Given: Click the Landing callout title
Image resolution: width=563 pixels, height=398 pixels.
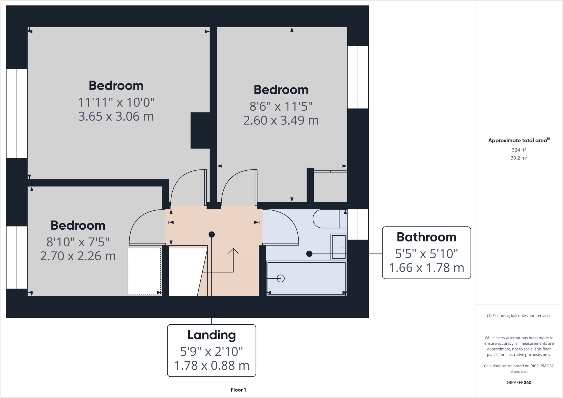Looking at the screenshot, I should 211,335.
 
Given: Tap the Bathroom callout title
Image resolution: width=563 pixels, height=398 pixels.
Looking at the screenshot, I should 426,237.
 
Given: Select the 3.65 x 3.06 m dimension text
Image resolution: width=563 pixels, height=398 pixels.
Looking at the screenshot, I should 116,116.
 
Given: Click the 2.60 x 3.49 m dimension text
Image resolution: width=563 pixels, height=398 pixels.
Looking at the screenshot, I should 281,120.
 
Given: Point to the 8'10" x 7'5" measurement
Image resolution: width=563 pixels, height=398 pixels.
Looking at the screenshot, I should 78,242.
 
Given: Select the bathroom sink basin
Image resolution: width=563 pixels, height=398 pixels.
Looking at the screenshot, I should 339,247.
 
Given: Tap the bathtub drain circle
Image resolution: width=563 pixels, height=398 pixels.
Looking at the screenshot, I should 281,279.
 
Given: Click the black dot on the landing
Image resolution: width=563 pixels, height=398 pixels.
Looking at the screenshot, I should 211,235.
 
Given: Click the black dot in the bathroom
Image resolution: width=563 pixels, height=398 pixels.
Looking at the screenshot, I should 309,254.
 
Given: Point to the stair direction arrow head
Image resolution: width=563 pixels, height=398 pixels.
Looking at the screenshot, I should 233,250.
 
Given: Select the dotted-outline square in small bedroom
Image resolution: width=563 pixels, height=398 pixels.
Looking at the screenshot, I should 144,271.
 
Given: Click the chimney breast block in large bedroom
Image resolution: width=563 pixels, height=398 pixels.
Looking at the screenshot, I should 200,130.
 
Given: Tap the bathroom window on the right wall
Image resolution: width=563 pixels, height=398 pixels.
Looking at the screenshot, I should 358,224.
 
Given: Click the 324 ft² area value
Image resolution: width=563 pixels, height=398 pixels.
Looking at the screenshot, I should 519,150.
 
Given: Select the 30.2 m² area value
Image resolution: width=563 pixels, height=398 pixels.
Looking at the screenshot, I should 519,158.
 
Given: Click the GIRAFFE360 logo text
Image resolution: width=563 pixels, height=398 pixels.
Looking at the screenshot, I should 519,382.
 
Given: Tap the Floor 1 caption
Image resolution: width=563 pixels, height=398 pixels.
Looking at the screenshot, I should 238,390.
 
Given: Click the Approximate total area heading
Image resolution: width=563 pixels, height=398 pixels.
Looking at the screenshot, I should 518,140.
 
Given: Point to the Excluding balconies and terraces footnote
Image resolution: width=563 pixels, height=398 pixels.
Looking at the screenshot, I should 519,316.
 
